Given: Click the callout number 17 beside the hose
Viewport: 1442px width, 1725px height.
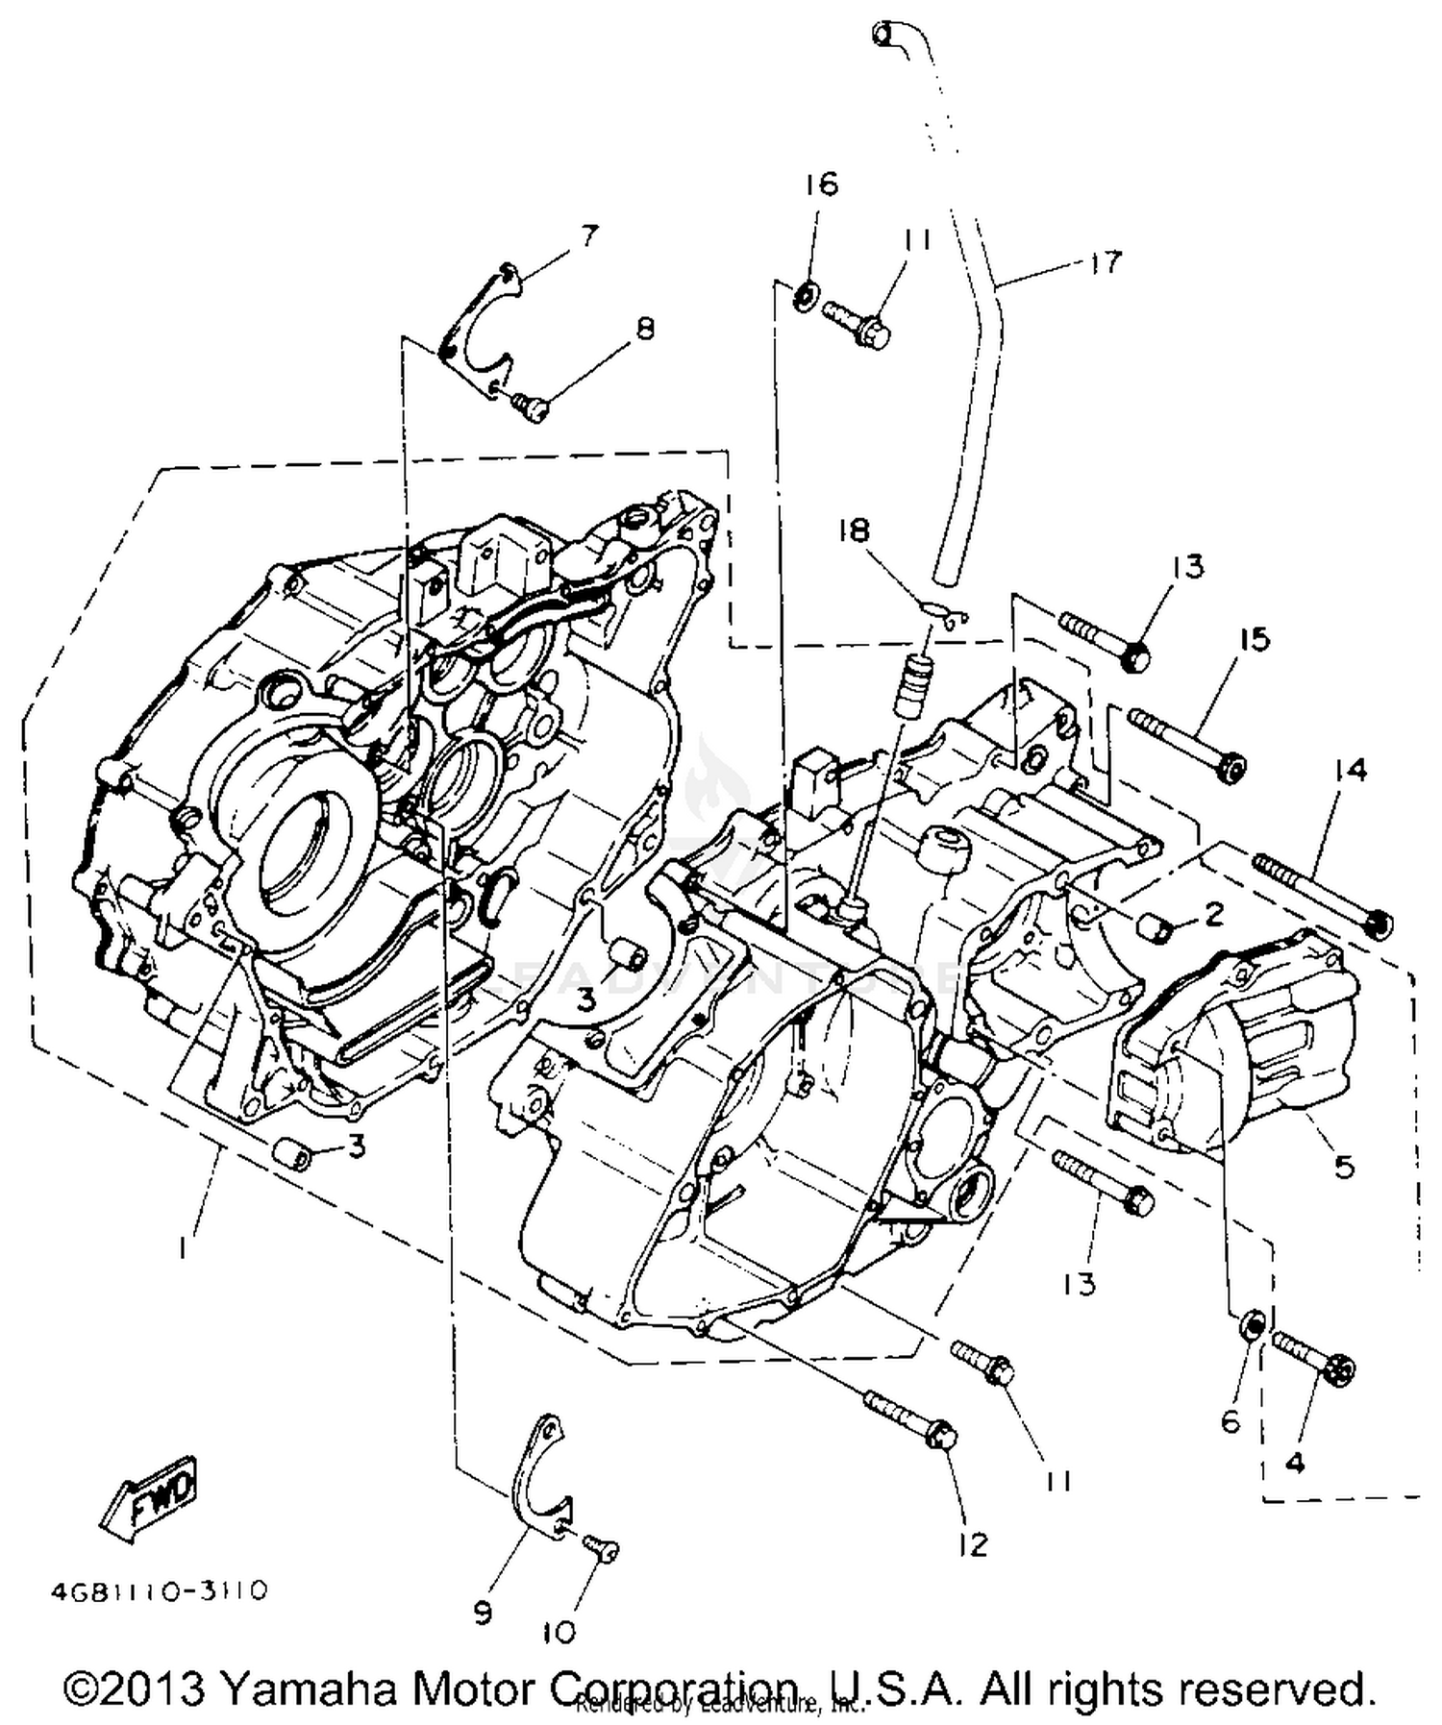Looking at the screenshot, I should click(1106, 261).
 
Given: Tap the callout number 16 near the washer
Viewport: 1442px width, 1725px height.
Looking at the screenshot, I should click(822, 184).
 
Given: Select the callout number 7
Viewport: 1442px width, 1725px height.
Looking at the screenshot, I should click(587, 235).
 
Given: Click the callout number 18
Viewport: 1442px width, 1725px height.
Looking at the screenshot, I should click(854, 529).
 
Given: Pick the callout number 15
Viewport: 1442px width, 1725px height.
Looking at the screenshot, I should click(1254, 639).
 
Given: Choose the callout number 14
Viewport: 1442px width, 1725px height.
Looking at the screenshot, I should click(1351, 770).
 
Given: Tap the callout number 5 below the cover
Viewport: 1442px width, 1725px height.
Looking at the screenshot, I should click(1343, 1167).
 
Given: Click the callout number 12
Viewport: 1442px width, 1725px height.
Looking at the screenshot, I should click(972, 1544).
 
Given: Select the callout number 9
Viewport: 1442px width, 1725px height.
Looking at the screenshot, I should click(482, 1612).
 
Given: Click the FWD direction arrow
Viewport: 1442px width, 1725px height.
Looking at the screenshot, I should click(150, 1492).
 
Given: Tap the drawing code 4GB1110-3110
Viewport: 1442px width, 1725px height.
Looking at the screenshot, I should click(160, 1591).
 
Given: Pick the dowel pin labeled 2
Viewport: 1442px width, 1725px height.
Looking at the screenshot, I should click(1155, 928).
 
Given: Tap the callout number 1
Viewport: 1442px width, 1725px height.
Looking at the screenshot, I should click(182, 1246).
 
